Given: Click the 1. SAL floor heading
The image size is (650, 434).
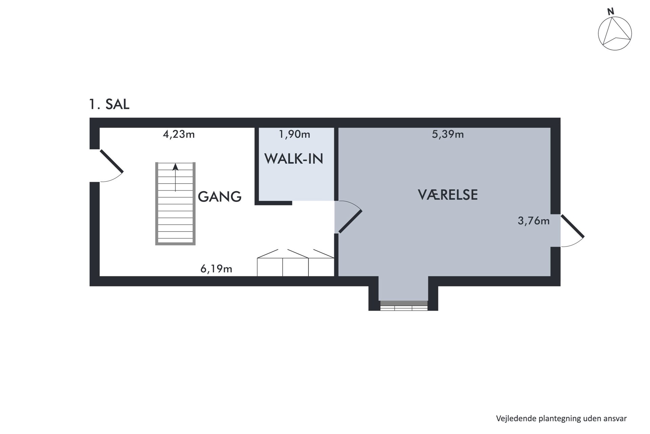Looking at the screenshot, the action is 109,104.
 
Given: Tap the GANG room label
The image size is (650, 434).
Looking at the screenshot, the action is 220,197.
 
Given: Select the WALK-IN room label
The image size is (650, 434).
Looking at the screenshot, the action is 294,159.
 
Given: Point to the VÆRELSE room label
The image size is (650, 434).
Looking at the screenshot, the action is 448,195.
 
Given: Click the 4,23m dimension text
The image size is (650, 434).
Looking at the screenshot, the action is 179,135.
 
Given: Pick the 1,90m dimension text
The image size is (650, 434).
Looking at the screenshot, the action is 295,135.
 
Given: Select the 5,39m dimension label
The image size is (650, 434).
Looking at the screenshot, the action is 448,135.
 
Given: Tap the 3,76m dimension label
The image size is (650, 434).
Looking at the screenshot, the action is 534,221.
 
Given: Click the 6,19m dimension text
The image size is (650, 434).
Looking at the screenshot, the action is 216,269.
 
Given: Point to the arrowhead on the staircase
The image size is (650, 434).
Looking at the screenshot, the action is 175,166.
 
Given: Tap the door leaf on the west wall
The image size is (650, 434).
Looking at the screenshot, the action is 111,161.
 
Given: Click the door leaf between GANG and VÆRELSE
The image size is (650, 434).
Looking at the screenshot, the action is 350,221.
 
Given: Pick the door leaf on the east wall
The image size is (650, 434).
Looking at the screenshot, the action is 572,226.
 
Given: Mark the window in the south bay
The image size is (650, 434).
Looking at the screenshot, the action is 404,305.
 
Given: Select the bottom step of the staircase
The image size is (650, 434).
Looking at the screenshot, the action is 175,241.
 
